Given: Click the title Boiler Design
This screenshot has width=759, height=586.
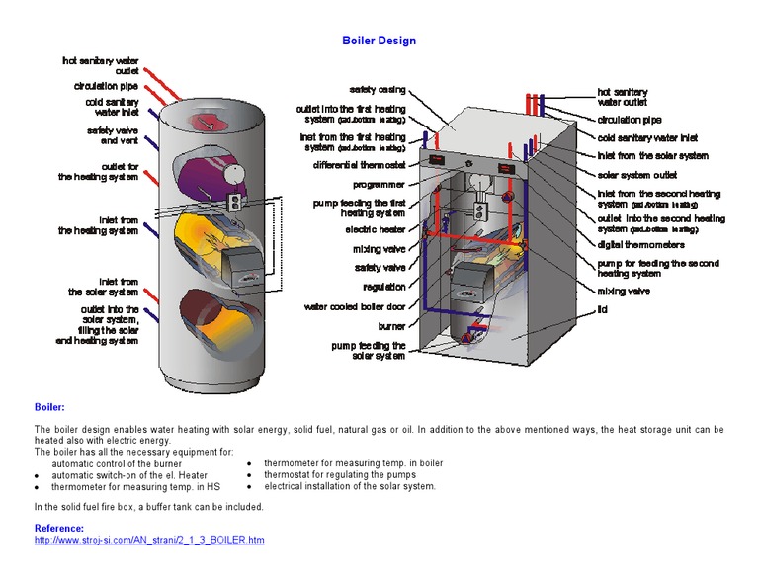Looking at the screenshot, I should tap(379, 41).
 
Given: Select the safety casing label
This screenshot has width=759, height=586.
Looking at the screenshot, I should tap(378, 90).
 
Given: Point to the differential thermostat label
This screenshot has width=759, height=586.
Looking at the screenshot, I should tap(360, 165).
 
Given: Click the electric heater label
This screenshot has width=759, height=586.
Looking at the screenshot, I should tap(376, 229).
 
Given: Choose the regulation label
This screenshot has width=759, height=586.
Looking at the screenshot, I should tap(384, 287).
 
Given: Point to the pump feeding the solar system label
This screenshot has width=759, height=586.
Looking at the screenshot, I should tap(369, 350).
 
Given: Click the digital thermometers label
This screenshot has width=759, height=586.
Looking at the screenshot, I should tap(641, 243).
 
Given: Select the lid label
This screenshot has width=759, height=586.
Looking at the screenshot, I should tap(602, 309).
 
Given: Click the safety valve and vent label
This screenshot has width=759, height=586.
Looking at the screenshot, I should tap(113, 135).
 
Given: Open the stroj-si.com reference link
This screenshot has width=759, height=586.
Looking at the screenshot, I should tap(149, 541).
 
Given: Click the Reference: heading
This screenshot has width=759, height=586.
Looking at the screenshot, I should tap(65, 529).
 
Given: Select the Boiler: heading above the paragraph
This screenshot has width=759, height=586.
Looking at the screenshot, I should tap(49, 406).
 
